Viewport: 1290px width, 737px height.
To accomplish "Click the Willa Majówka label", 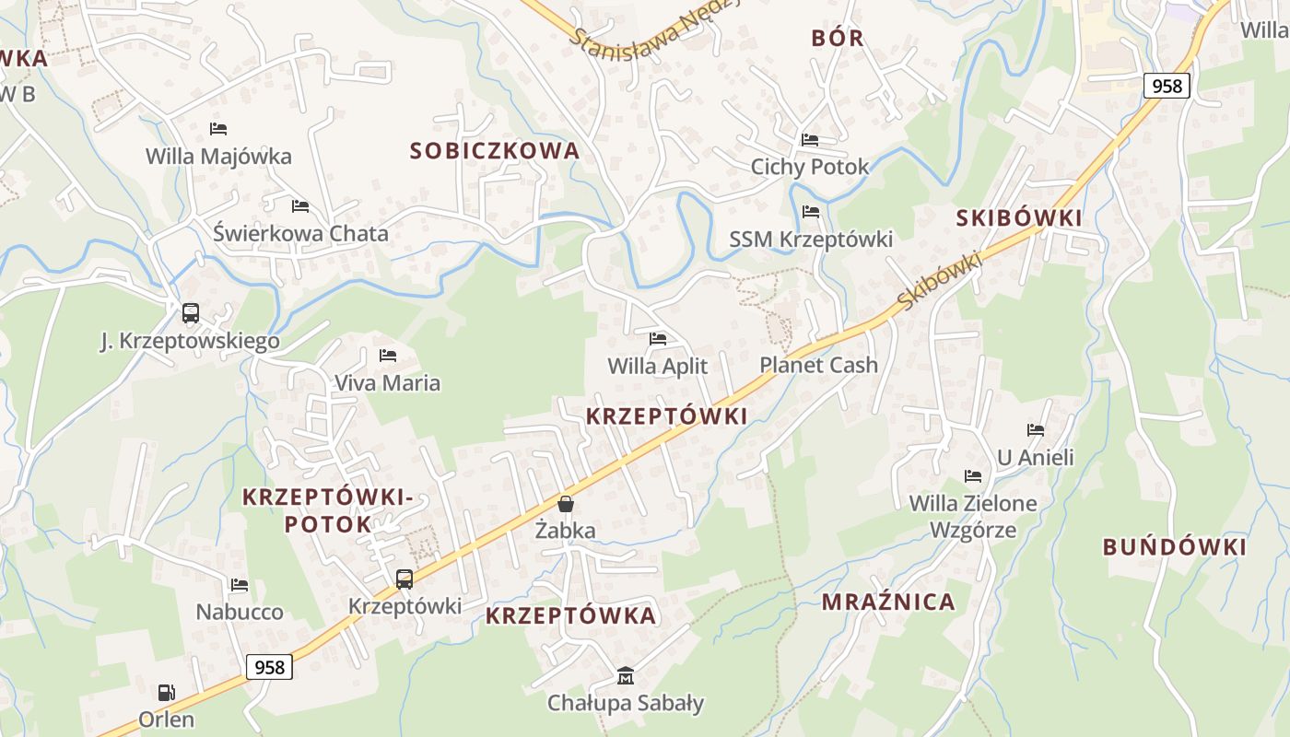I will coord(218,156).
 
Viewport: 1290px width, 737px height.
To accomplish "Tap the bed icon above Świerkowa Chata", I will coord(299,205).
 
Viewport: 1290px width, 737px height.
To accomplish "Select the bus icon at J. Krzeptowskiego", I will coord(191,313).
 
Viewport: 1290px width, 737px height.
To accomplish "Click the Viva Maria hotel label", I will coord(387,382).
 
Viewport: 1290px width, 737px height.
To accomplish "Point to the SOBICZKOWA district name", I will coord(495,150).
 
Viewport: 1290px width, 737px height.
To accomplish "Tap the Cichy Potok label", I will coord(810,167).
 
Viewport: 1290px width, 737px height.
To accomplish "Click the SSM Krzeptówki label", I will coord(811,239).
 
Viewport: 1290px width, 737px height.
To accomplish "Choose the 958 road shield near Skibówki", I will coord(1167,86).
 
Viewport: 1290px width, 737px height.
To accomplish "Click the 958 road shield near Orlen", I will coord(269,666).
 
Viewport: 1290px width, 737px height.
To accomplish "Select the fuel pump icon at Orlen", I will coord(166,692).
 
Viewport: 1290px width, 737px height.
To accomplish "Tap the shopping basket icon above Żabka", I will coord(566,504).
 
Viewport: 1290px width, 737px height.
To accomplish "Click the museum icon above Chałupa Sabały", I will coord(626,675).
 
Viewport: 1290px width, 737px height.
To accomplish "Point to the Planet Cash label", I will coord(818,365).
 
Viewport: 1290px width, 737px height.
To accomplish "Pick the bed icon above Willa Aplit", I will coord(658,339).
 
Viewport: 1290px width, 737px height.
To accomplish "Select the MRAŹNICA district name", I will coord(888,602).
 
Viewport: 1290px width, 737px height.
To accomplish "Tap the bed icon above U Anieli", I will coord(1036,429).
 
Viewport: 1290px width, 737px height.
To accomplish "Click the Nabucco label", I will coord(240,612).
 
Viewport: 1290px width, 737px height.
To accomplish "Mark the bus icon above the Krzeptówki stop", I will coord(405,579).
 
